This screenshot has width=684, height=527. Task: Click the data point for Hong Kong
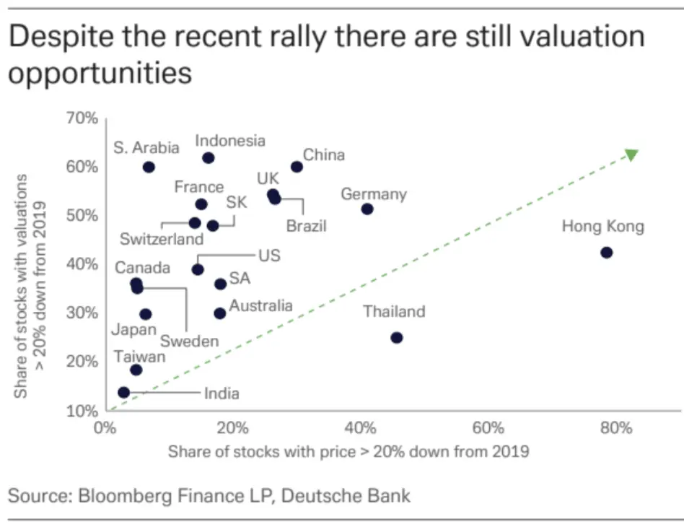pyautogui.click(x=606, y=253)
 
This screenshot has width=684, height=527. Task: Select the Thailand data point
pyautogui.click(x=396, y=337)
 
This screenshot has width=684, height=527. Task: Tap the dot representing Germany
pyautogui.click(x=367, y=209)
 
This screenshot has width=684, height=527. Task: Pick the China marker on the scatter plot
pyautogui.click(x=297, y=167)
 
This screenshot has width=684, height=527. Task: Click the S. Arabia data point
pyautogui.click(x=149, y=167)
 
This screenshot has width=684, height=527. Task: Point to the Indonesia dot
pyautogui.click(x=209, y=158)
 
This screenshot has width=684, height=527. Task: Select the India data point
pyautogui.click(x=123, y=393)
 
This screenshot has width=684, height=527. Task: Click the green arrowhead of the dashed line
pyautogui.click(x=631, y=154)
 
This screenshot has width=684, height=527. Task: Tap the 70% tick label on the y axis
pyautogui.click(x=82, y=118)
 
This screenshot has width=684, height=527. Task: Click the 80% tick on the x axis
pyautogui.click(x=615, y=428)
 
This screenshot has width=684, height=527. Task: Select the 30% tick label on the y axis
pyautogui.click(x=82, y=313)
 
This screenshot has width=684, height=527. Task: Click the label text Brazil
pyautogui.click(x=306, y=226)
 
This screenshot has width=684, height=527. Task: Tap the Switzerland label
pyautogui.click(x=162, y=238)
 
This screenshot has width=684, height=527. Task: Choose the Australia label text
pyautogui.click(x=260, y=305)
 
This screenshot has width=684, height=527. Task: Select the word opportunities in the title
pyautogui.click(x=100, y=72)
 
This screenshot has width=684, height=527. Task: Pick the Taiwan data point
pyautogui.click(x=136, y=370)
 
